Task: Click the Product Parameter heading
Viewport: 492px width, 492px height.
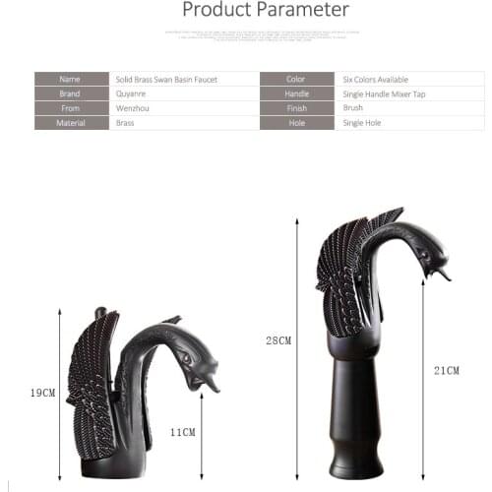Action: coord(266,11)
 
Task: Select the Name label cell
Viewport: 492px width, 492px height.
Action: coord(71,79)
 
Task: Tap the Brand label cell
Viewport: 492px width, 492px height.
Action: coord(71,93)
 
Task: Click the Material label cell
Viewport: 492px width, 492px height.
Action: coord(71,123)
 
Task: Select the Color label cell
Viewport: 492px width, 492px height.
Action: coord(296,79)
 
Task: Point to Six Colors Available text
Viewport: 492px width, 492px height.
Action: coord(375,79)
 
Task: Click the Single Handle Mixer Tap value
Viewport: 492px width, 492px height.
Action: coord(384,93)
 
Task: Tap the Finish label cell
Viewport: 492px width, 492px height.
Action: coord(296,108)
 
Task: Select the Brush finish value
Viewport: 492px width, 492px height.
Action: coord(353,108)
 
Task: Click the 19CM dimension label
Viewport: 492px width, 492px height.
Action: coord(42,393)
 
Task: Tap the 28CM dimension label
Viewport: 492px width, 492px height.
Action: coord(279,341)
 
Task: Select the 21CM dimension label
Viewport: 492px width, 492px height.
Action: coord(447,370)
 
